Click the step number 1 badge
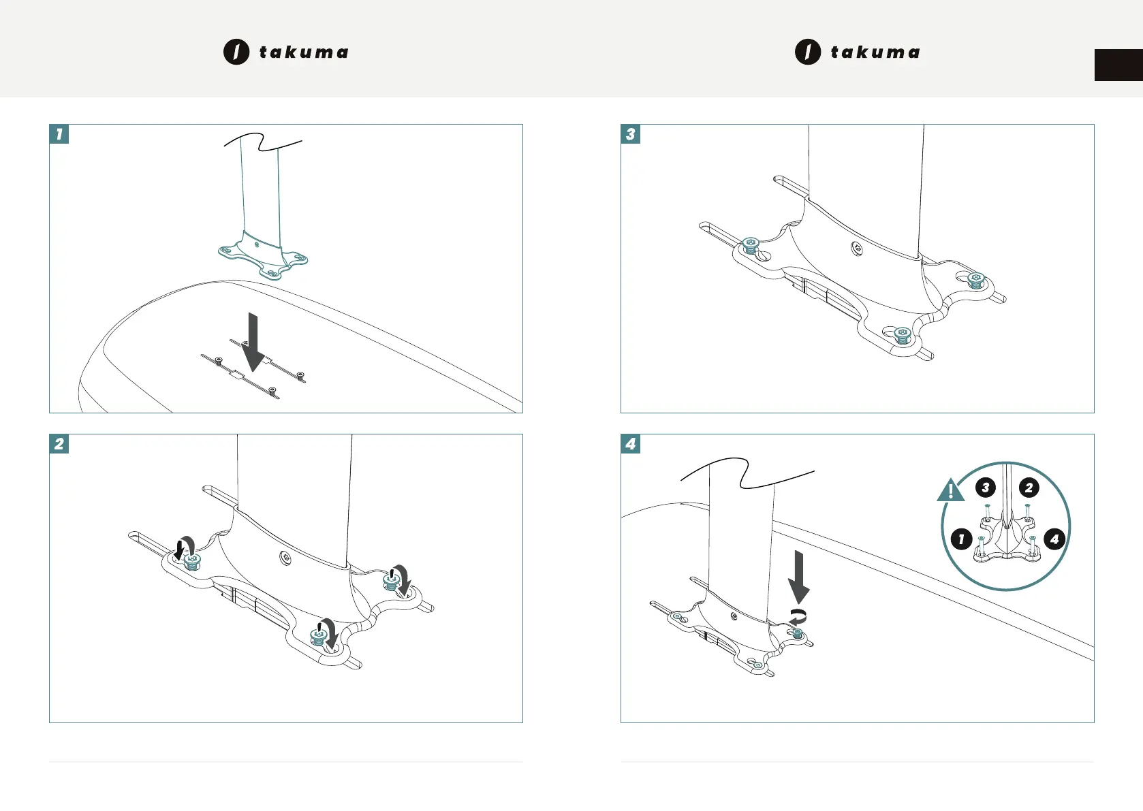59,134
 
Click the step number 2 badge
59,444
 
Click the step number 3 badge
631,134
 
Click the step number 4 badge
631,444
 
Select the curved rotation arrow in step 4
798,617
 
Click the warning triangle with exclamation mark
950,491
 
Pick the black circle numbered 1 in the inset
961,539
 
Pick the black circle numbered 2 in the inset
1029,488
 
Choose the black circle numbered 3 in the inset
985,488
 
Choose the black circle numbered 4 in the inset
1054,539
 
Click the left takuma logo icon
236,52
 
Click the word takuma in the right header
875,52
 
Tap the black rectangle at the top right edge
1118,65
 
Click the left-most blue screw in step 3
751,245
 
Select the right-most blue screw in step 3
976,280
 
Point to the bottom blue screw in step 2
318,636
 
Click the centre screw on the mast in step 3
858,249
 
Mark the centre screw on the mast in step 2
286,558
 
